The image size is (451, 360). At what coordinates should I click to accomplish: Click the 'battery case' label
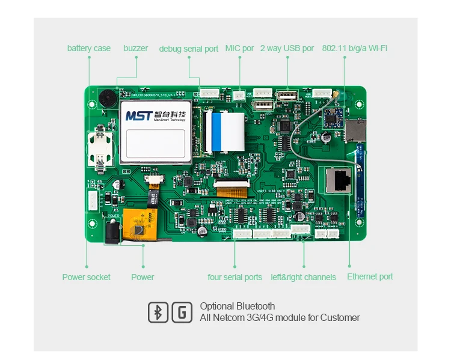click(x=89, y=48)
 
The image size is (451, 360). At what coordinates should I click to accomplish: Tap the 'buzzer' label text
click(x=136, y=48)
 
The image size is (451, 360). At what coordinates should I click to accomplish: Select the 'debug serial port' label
click(x=189, y=49)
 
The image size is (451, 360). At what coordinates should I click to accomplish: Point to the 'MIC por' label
click(x=239, y=48)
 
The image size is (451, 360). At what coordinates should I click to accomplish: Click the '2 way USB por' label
click(x=287, y=48)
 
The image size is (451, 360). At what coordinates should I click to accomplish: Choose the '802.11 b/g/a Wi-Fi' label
click(x=355, y=48)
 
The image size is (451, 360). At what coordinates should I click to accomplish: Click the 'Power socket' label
click(x=87, y=277)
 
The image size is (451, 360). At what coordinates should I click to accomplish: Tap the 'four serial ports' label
click(x=235, y=277)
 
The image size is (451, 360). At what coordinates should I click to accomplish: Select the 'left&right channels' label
click(x=304, y=277)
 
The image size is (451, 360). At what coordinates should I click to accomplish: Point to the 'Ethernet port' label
click(x=370, y=276)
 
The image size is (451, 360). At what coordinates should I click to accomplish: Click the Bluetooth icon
click(x=158, y=313)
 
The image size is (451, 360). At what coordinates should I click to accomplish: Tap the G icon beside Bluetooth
click(x=182, y=313)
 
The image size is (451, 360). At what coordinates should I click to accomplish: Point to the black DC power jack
click(x=113, y=231)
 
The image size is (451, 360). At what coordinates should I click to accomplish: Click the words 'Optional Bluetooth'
click(x=238, y=307)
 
